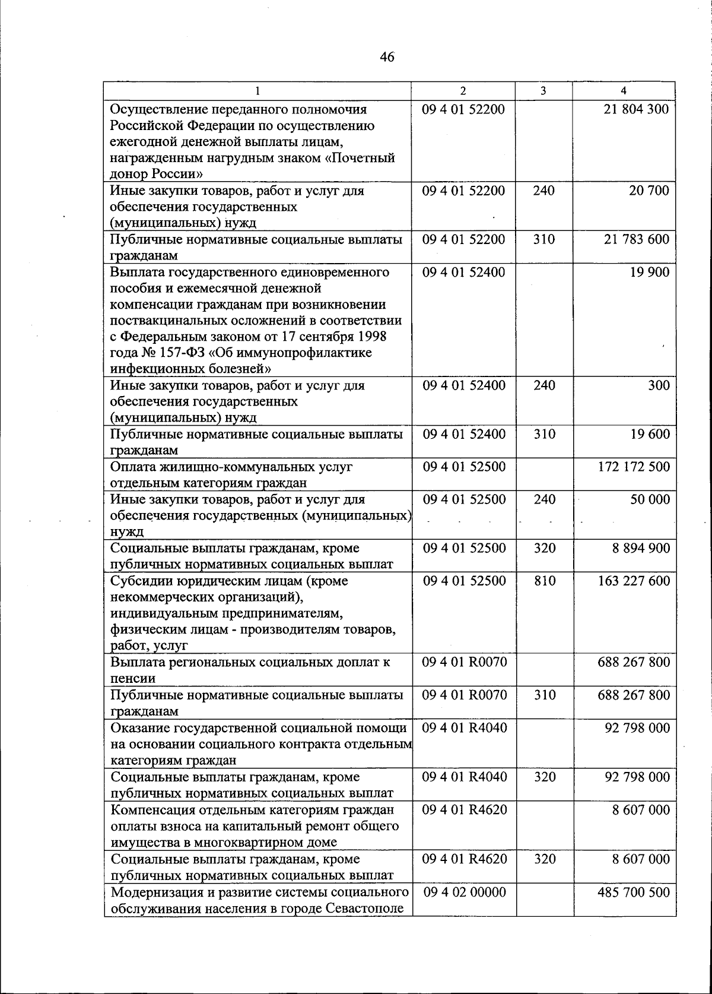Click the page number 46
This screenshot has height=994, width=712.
click(386, 57)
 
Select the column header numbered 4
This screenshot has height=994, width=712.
click(623, 91)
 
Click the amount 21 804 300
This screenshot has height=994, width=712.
click(636, 109)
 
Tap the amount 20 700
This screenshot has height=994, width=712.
click(649, 191)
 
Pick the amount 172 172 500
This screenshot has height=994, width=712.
click(634, 467)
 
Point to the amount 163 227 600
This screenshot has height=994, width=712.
click(634, 581)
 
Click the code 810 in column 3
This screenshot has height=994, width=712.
click(544, 581)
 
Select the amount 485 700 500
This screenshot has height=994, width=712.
click(634, 892)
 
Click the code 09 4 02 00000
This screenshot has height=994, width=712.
click(464, 892)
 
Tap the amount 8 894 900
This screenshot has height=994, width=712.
click(641, 548)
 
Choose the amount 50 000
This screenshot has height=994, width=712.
click(650, 499)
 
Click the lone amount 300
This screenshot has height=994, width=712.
click(659, 385)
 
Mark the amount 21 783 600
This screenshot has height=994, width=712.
click(636, 239)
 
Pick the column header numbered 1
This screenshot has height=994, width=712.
click(258, 91)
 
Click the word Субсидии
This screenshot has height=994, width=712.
click(137, 581)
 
